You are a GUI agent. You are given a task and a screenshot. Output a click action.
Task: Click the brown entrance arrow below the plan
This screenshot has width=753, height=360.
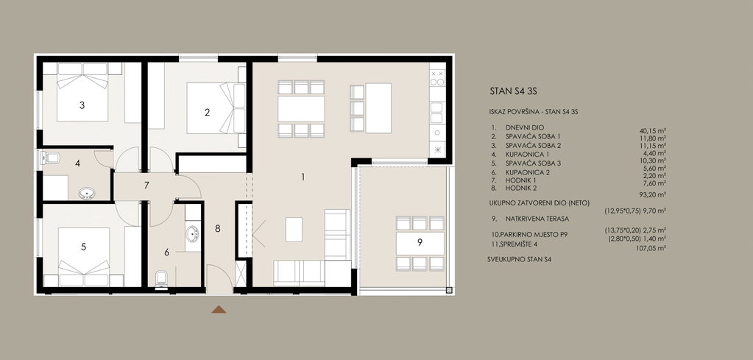pos(219,310)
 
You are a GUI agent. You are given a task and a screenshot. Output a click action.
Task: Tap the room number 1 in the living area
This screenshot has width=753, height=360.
pos(303,177)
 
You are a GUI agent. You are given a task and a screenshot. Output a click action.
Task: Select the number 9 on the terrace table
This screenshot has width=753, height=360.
pos(420,242)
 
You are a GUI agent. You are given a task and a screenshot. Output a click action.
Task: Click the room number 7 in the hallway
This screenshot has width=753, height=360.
pos(146,186)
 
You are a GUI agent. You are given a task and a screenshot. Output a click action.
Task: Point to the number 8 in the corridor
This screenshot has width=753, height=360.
pos(218,228)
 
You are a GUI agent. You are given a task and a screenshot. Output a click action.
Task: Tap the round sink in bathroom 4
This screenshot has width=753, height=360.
pos(87,194)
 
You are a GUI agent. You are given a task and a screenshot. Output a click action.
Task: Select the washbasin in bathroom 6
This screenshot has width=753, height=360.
pos(192,234)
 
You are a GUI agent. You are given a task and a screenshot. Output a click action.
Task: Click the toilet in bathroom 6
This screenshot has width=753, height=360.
pos(161,278)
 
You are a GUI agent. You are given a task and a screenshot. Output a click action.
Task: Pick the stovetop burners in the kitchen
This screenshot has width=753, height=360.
pos(437,78)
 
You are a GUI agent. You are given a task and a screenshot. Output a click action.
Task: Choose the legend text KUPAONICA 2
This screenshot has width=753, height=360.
pos(527,172)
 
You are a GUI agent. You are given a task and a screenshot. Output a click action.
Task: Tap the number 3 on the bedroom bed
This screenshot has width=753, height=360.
pos(82,105)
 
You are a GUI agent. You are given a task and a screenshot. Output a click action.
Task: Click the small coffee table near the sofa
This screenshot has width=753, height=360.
pos(294,230)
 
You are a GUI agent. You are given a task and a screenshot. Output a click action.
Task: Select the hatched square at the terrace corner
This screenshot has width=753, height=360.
pos(449,290)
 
